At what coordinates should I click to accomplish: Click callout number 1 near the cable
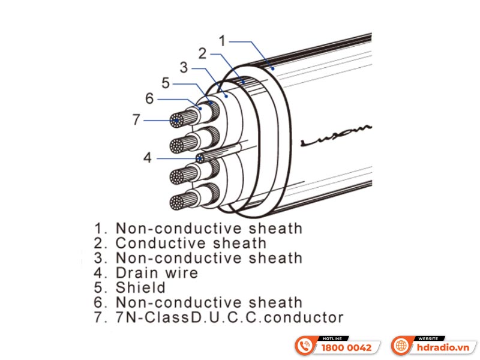(221, 41)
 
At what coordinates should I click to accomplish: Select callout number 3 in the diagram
(184, 67)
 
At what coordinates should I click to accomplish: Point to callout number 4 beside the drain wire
(148, 158)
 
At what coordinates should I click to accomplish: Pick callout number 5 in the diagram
(166, 83)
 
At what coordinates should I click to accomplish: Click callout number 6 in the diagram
(149, 98)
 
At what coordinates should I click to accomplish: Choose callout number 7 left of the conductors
(136, 120)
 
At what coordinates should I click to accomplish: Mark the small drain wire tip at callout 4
(199, 158)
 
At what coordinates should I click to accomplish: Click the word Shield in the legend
(140, 288)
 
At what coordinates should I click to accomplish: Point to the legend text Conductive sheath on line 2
(190, 243)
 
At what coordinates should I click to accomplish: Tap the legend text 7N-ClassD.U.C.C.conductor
(229, 317)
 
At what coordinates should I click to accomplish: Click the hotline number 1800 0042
(347, 347)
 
